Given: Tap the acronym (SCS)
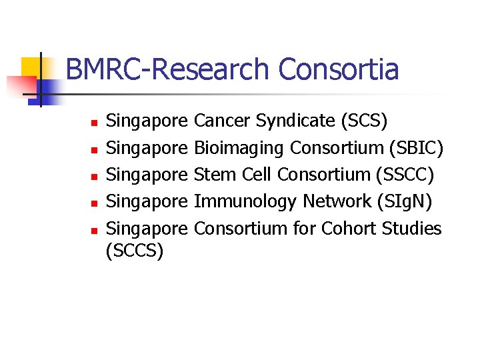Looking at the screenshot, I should (x=363, y=121).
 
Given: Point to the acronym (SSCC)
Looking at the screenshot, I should (x=405, y=175).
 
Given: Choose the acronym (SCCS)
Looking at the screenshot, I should (x=135, y=252).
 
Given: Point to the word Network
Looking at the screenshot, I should (x=335, y=201).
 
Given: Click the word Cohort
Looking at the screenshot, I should (x=349, y=229).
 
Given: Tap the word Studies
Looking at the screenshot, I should (x=412, y=229).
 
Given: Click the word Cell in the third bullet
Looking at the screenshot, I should (x=255, y=175).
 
